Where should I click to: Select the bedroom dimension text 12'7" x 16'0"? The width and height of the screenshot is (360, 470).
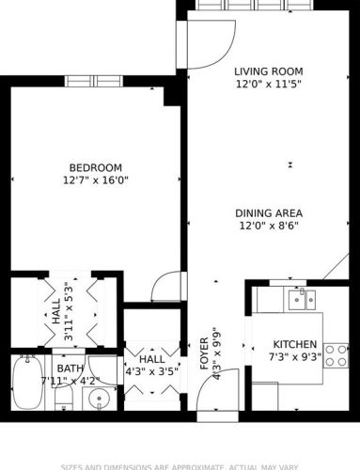point(94,180)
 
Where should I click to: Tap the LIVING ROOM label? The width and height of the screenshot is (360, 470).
point(267,70)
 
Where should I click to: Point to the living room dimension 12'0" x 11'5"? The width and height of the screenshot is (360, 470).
point(267,84)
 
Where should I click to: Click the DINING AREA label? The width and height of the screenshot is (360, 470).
point(268,212)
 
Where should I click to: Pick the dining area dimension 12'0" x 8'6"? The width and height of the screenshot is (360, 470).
point(268,226)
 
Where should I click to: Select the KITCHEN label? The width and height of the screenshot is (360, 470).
point(295,344)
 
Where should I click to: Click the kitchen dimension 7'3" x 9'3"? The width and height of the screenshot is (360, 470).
point(295,357)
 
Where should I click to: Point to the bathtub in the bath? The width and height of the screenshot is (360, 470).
point(24,384)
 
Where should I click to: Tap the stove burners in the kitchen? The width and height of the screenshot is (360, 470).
point(337,353)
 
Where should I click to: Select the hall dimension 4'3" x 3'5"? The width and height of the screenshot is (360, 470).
point(150,371)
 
